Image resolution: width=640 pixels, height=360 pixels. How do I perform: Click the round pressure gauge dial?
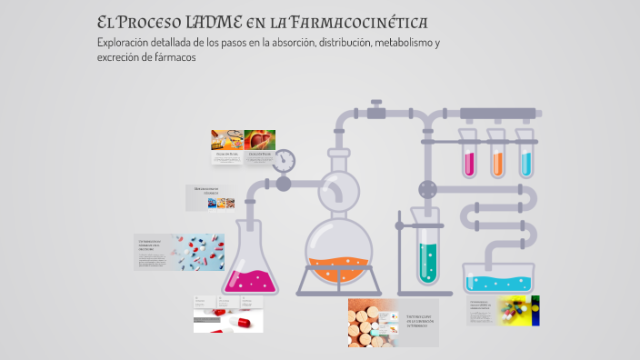285,161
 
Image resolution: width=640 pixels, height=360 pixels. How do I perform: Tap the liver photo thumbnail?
261,138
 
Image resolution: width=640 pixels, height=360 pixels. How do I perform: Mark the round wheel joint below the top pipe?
426,189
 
